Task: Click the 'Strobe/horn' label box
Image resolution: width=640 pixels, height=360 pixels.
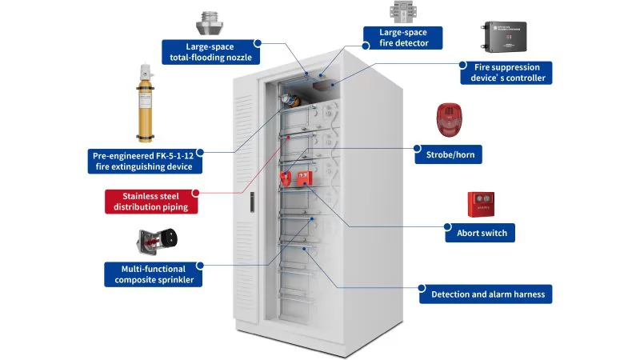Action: coord(448,154)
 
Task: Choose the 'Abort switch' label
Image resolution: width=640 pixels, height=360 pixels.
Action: coord(480,233)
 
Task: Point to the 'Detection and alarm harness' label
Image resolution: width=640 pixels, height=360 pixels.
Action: coord(487,294)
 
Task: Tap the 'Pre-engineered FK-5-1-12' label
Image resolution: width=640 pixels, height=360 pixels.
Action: coord(145,161)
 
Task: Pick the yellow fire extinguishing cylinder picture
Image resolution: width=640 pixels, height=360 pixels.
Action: coord(146,103)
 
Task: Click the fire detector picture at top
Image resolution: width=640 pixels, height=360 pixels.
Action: coord(403,12)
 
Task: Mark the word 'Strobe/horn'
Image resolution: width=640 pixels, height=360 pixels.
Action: coord(448,154)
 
